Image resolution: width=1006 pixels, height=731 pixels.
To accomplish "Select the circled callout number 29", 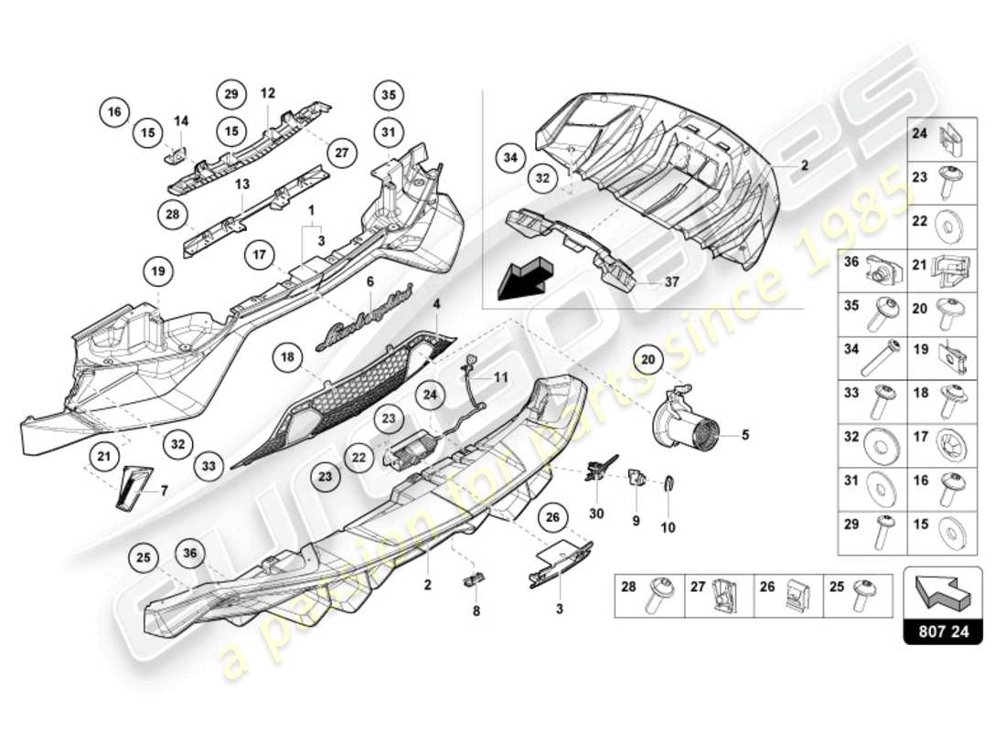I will [x=231, y=94].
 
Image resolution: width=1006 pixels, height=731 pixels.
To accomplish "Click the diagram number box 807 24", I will [x=942, y=631].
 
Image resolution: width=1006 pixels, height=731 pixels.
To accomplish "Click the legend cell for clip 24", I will [x=941, y=140].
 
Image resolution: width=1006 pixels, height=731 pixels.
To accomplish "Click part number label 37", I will [x=672, y=281].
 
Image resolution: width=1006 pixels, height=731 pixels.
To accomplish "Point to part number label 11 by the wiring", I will [x=500, y=376].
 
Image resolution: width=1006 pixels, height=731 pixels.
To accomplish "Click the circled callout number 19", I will [x=157, y=270].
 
